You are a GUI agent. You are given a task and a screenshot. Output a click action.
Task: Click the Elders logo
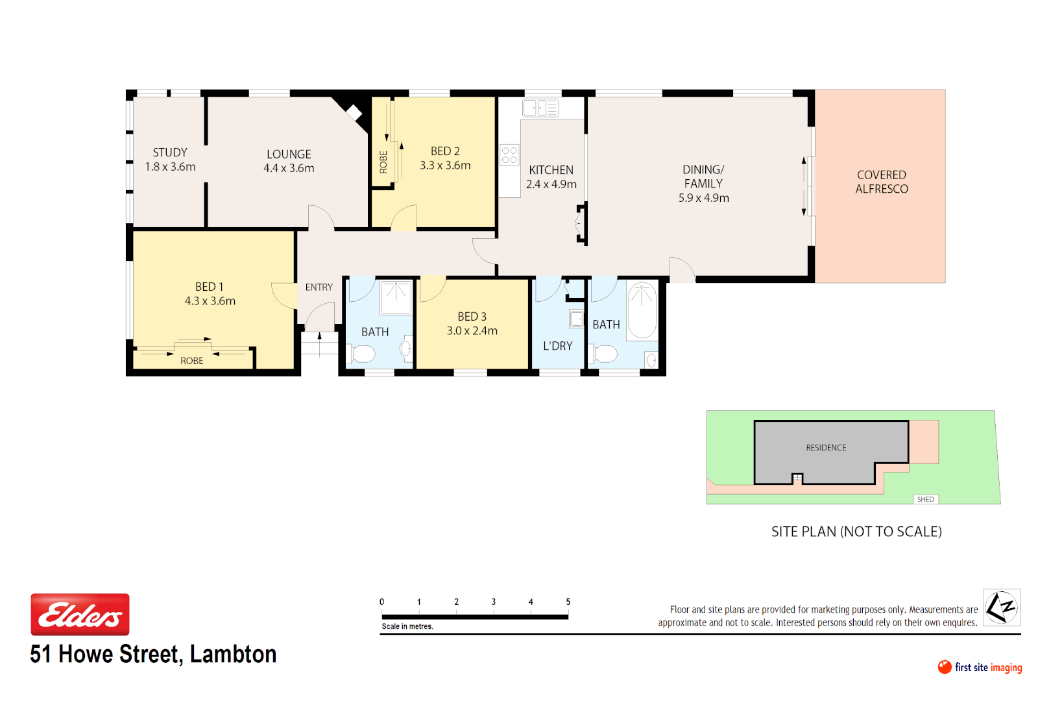80,614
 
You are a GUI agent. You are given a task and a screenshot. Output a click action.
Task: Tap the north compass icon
1001,608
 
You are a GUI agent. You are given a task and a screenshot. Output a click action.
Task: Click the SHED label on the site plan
925,499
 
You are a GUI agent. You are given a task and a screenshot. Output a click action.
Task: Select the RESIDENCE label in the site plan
826,448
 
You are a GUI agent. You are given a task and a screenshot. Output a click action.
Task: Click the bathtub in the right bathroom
642,310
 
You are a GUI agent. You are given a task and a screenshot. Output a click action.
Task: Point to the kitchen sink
540,108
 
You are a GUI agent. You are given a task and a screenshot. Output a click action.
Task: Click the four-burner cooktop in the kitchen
509,155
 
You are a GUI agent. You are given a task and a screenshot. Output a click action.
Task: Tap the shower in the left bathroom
395,297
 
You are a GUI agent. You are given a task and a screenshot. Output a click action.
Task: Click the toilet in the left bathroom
362,354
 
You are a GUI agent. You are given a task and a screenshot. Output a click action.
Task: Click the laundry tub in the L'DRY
576,319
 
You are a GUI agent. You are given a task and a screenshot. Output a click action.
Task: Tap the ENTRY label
319,287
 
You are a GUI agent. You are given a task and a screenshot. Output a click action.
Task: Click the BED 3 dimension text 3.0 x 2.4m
472,331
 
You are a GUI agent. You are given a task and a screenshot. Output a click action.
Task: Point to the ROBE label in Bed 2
383,162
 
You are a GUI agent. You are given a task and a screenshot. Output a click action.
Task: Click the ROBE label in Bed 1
191,361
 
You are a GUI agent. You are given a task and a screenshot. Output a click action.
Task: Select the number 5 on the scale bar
568,602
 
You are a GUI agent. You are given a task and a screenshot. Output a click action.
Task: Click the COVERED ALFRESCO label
881,182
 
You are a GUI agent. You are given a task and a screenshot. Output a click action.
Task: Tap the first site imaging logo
979,667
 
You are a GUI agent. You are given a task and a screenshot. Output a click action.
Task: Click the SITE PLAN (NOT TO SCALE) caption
856,532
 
